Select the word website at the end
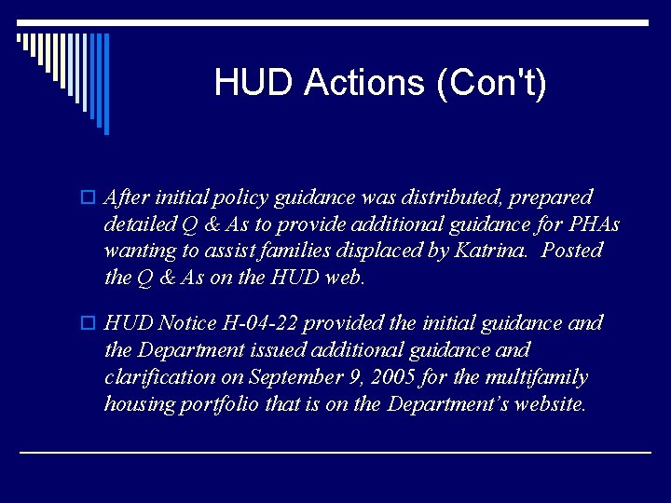pos(547,403)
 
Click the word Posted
pos(573,251)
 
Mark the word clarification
pos(159,377)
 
